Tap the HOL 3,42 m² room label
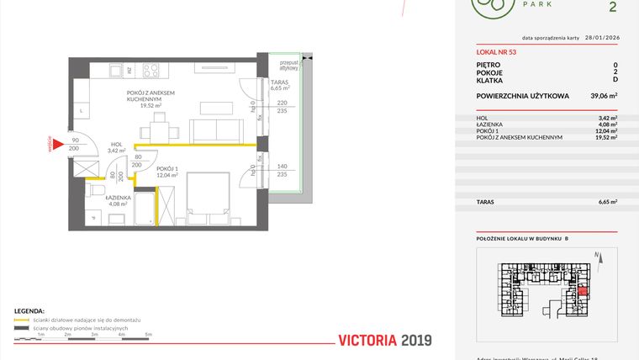point(116,147)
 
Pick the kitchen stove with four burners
point(153,70)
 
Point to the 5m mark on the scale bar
point(147,335)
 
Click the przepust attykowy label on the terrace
point(291,66)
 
